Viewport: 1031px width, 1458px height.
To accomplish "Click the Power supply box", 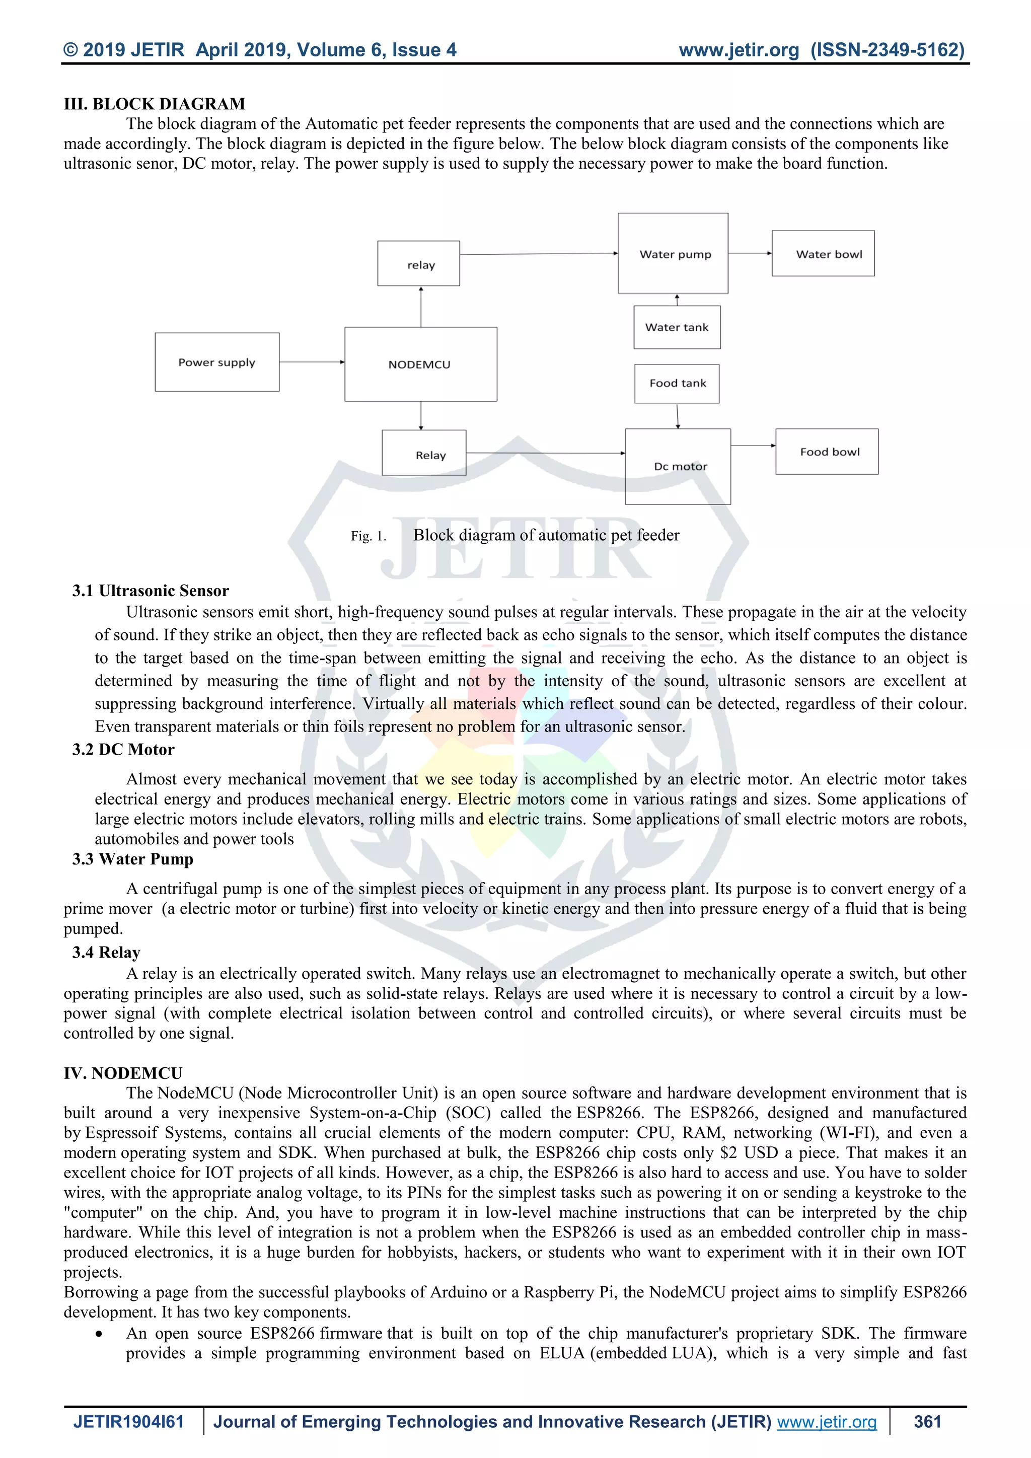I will pos(216,362).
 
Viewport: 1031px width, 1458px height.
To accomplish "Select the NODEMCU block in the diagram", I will pos(420,364).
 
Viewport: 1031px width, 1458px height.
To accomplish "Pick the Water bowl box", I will pos(823,253).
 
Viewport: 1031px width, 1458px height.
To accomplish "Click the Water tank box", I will pos(677,327).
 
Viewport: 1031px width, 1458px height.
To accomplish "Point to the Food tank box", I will pos(677,383).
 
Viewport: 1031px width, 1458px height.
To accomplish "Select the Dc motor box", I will pos(678,466).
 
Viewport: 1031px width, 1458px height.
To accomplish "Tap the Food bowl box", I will pos(827,452).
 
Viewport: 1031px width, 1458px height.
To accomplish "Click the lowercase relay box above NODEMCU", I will pos(418,263).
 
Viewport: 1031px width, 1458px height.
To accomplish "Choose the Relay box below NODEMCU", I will pos(424,453).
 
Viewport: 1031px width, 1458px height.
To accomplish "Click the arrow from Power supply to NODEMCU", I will pos(312,362).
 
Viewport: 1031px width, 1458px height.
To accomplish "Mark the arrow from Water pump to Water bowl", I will pos(750,253).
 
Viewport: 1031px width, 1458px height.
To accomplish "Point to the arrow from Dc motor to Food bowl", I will pos(753,445).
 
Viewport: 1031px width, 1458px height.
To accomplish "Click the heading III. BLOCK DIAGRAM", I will pos(154,104).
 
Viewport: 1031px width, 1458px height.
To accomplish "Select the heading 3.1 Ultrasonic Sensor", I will pos(151,591).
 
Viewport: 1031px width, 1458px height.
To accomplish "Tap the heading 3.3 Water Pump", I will pos(133,859).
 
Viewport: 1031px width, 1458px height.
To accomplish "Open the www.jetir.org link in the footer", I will pos(827,1422).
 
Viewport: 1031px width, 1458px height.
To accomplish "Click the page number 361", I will pos(927,1422).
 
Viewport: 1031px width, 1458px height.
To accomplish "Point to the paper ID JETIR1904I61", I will pos(128,1422).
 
